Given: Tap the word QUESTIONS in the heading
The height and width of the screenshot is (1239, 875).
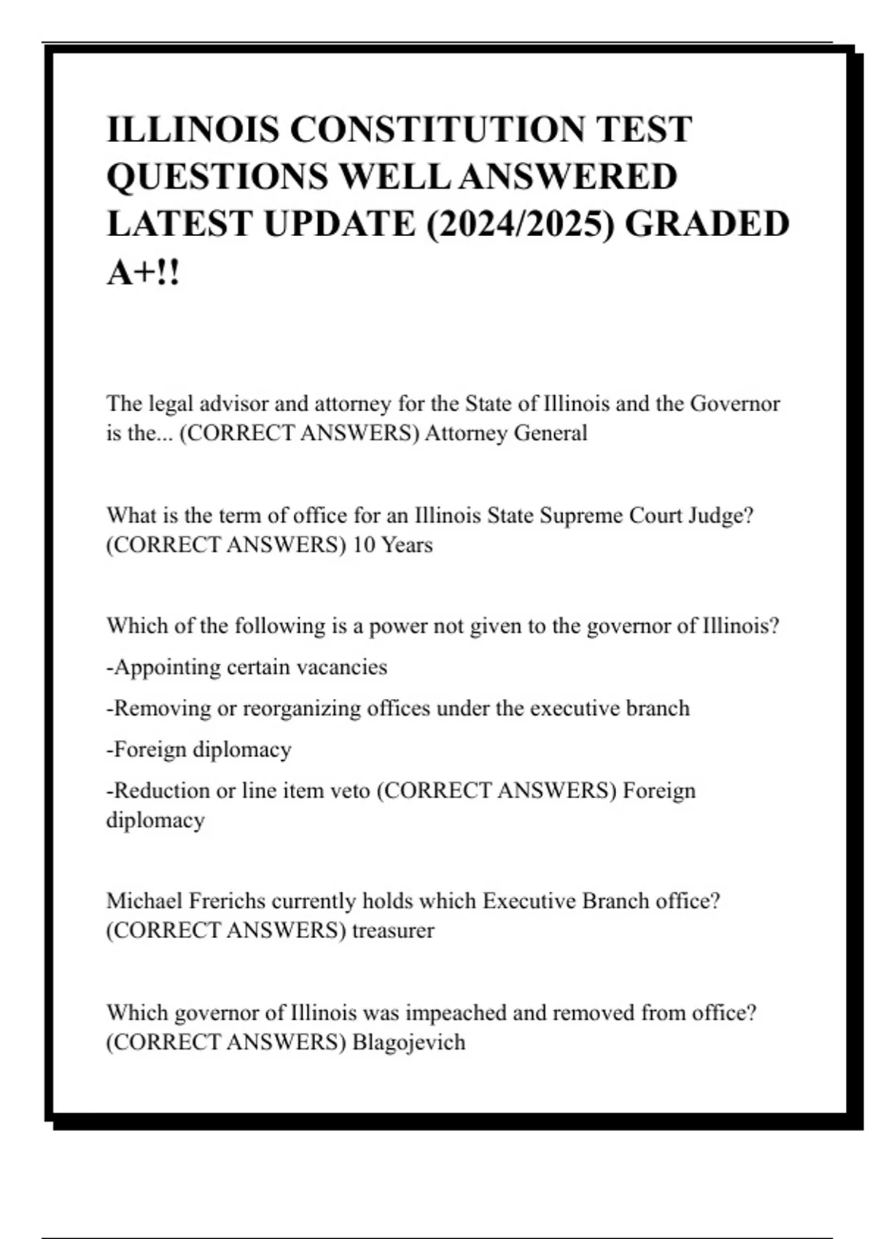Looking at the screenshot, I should coord(217,177).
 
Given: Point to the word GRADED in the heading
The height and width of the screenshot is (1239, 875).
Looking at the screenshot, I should coord(707,224).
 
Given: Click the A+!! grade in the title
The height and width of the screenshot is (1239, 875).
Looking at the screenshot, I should coord(143,273).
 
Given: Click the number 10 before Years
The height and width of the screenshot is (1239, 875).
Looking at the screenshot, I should coord(363,545).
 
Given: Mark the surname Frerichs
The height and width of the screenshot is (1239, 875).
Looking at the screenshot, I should coord(227,901).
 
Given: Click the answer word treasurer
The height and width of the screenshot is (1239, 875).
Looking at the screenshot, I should coord(393,931).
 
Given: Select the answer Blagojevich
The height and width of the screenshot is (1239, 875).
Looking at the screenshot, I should coord(408,1043).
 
